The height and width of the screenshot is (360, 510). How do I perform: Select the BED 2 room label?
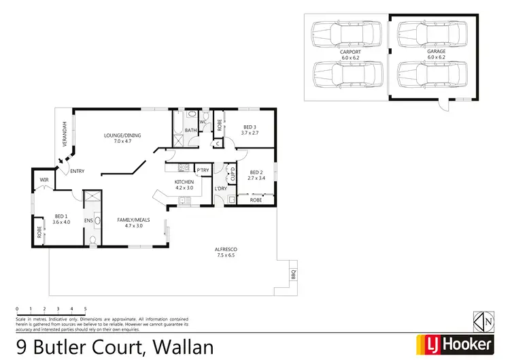tap(256, 172)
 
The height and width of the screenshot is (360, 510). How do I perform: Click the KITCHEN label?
tap(184, 182)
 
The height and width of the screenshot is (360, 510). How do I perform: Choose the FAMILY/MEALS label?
tap(134, 220)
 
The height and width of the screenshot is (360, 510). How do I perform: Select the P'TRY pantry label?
tap(202, 170)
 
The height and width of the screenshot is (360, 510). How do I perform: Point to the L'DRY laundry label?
tap(220, 189)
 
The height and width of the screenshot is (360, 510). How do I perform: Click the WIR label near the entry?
tap(44, 180)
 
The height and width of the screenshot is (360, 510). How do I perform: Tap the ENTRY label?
tap(76, 171)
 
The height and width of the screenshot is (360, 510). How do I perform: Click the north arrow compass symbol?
tap(482, 320)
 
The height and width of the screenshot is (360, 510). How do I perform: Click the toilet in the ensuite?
tap(92, 238)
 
